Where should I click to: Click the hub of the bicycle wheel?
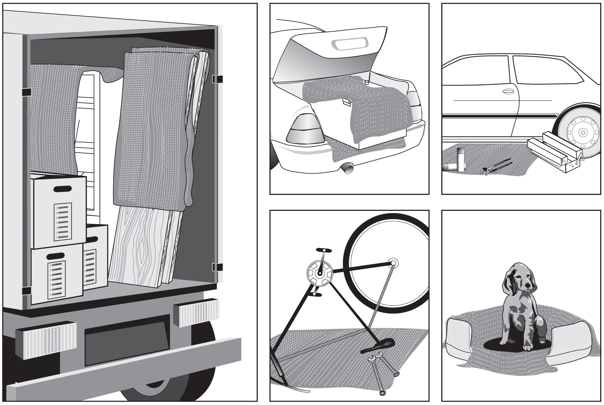click(x=393, y=263)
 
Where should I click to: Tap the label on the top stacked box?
click(x=64, y=222)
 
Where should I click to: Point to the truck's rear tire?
click(x=167, y=383)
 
